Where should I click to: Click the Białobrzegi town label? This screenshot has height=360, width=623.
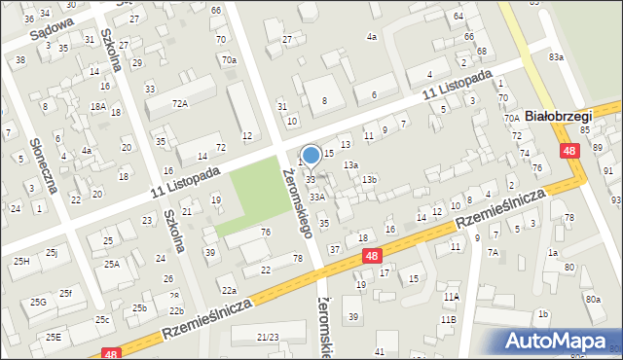pos(558,116)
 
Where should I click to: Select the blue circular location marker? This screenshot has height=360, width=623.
pos(311,154)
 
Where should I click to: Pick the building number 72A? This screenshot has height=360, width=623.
pos(179,102)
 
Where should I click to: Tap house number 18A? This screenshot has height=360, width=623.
pos(97,106)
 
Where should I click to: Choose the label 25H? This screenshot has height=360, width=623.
pos(21,261)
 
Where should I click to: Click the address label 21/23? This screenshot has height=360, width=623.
pos(267,337)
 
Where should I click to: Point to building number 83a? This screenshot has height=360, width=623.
pos(555,57)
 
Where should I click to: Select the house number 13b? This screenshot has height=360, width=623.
pos(369,180)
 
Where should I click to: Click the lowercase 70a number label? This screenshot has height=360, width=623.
pos(228,60)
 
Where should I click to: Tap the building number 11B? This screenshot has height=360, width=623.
pos(448,319)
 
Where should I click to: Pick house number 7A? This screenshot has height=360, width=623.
pos(493,253)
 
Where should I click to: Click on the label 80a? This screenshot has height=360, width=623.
pos(593,300)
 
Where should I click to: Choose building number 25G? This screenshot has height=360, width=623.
pos(38,303)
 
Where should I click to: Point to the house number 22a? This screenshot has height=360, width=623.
pos(228,290)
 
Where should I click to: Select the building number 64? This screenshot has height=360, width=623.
pos(458,18)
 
